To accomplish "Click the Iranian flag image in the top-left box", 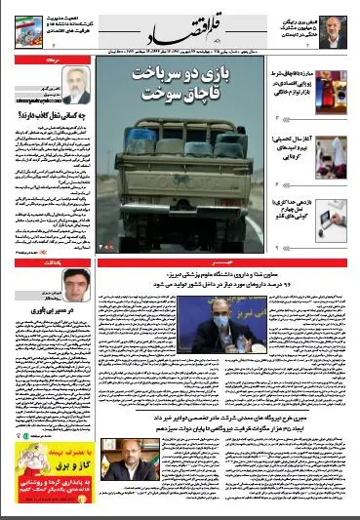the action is (x=25, y=25).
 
